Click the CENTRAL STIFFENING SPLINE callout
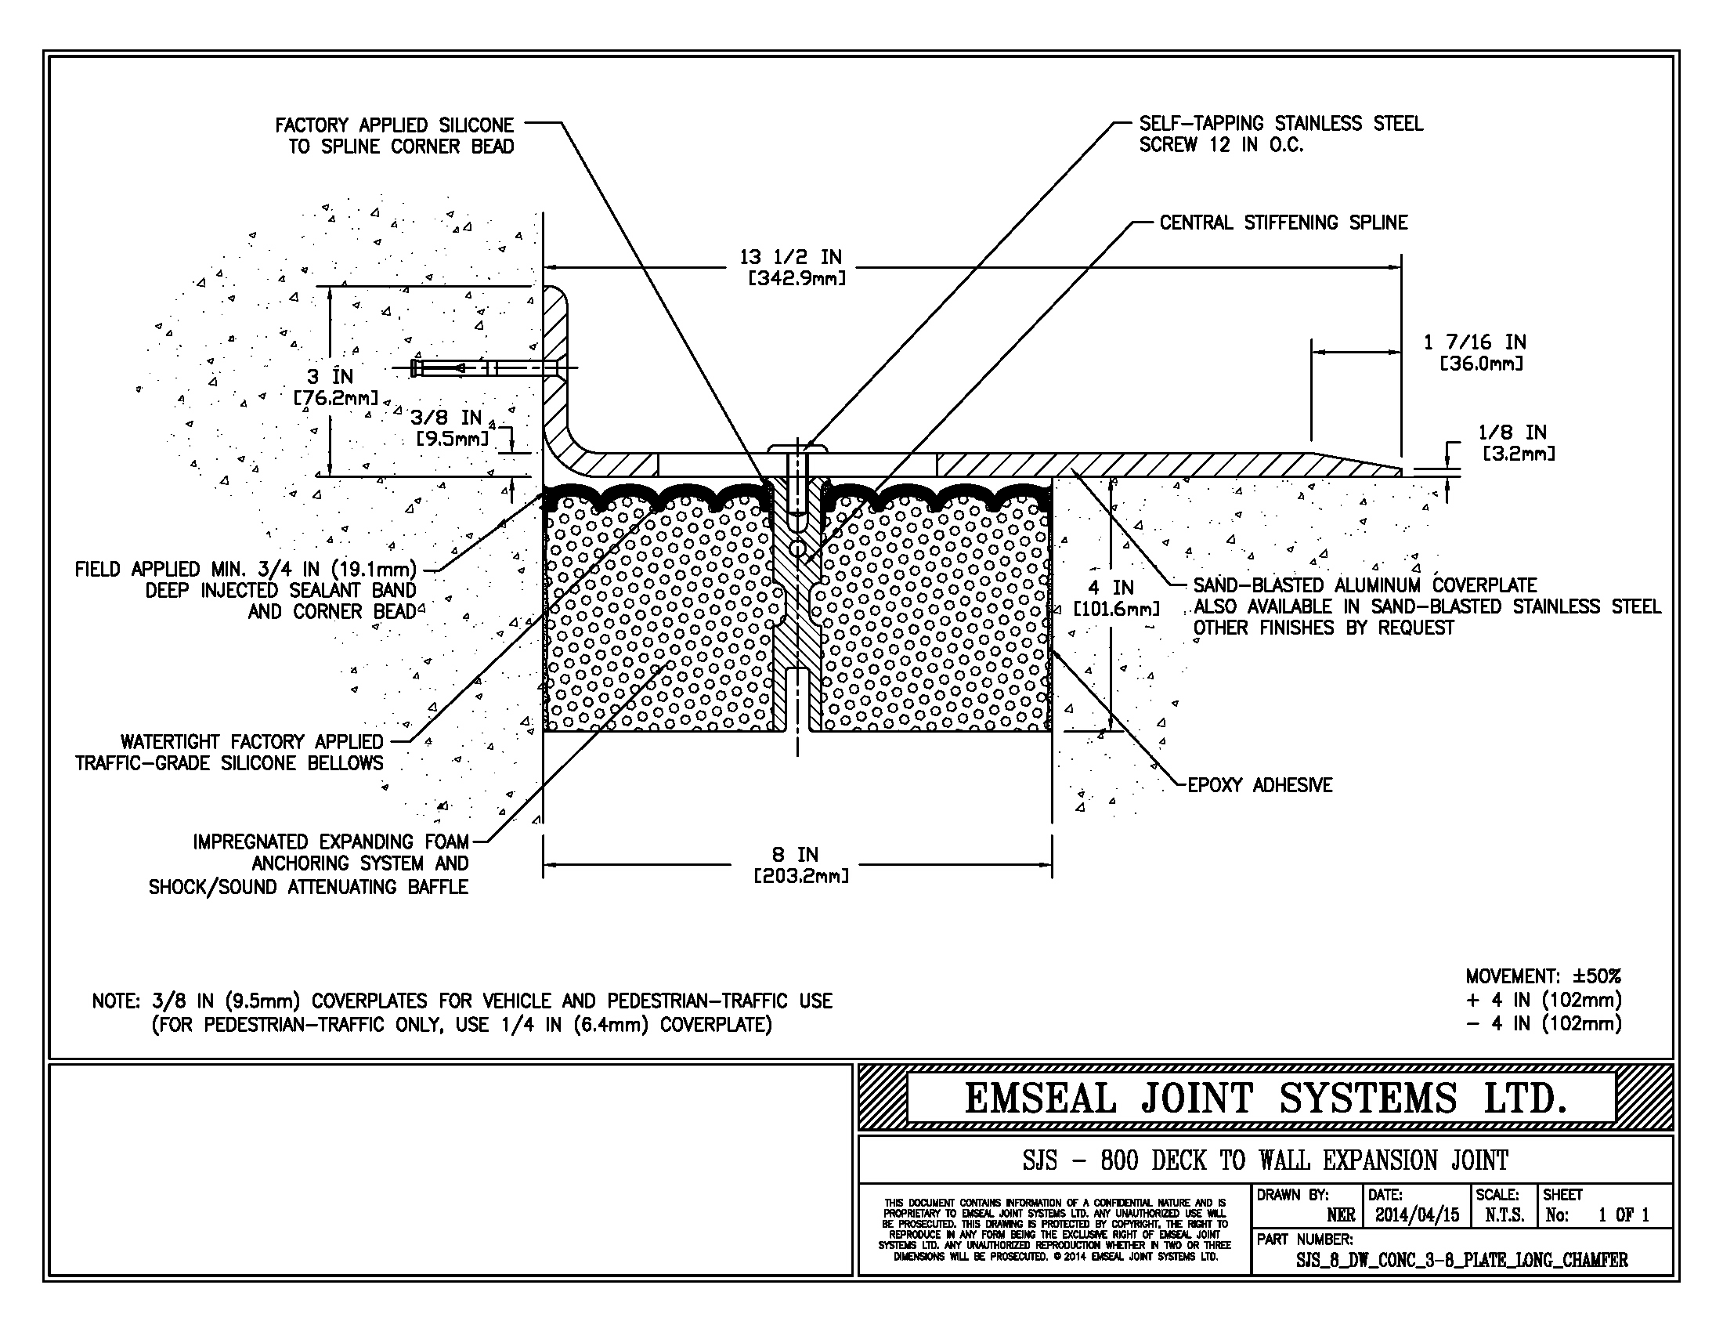click(1283, 223)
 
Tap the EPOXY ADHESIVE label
click(1259, 785)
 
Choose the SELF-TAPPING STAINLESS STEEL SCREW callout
click(1280, 134)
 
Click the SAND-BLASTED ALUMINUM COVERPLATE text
click(1364, 585)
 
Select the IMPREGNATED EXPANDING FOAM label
click(331, 842)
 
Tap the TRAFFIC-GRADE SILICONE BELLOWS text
click(229, 763)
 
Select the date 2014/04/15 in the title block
click(1417, 1214)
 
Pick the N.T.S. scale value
click(1504, 1214)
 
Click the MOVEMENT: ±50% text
click(1543, 976)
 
